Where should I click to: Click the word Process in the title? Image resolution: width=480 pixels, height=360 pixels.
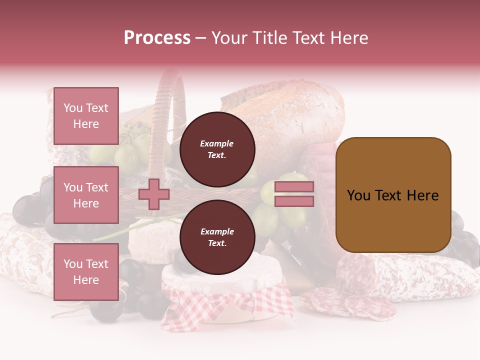point(157,38)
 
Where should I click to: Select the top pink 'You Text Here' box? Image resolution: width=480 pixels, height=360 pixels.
point(86,116)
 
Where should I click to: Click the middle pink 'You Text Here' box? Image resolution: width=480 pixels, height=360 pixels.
point(86,195)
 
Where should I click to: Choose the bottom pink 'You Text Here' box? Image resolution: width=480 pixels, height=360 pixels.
point(86,271)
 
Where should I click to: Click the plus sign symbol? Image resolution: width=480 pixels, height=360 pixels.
point(154,194)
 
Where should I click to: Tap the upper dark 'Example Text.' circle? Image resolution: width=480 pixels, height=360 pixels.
point(217,149)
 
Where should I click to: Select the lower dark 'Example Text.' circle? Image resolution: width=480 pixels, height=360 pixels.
point(217,237)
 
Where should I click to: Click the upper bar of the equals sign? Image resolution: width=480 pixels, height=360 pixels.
point(294,187)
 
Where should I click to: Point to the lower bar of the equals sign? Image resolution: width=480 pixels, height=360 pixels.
point(294,201)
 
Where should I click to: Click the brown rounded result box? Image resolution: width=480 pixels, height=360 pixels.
point(393,194)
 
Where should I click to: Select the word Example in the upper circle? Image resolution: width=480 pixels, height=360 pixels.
point(217,144)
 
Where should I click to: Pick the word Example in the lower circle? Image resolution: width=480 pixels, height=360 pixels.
point(217,232)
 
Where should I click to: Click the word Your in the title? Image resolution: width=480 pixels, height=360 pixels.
point(230,38)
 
